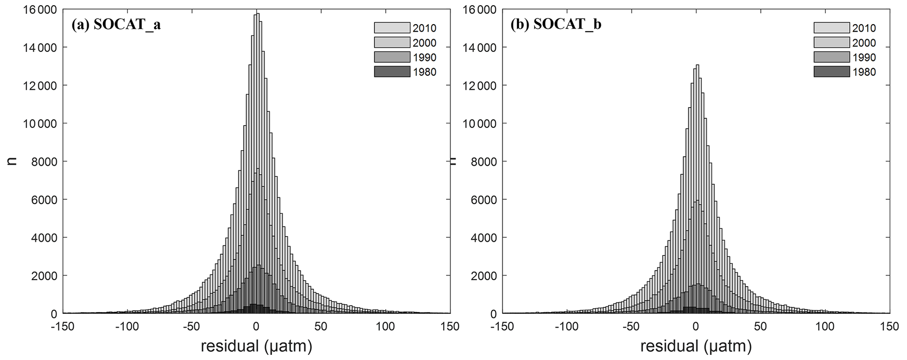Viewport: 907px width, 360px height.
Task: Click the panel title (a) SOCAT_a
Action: coord(116,25)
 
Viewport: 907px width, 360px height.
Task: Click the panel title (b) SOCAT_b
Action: coord(556,25)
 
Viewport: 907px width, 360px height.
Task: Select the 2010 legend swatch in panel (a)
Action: coord(392,28)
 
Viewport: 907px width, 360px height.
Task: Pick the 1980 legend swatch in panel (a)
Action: coord(392,72)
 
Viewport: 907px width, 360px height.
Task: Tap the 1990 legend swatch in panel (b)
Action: coord(832,57)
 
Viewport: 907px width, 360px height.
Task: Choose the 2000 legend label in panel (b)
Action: coord(864,43)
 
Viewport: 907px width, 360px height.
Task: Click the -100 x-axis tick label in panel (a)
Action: coord(126,327)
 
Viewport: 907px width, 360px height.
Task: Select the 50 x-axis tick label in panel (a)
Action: coord(321,327)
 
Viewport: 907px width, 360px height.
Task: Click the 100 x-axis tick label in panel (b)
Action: coord(825,327)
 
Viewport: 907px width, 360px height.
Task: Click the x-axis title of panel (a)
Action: coord(256,346)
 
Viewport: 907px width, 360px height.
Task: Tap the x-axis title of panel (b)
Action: coord(696,346)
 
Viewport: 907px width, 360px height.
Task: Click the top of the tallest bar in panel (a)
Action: coord(258,14)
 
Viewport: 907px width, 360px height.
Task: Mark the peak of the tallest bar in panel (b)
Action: coord(697,65)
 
